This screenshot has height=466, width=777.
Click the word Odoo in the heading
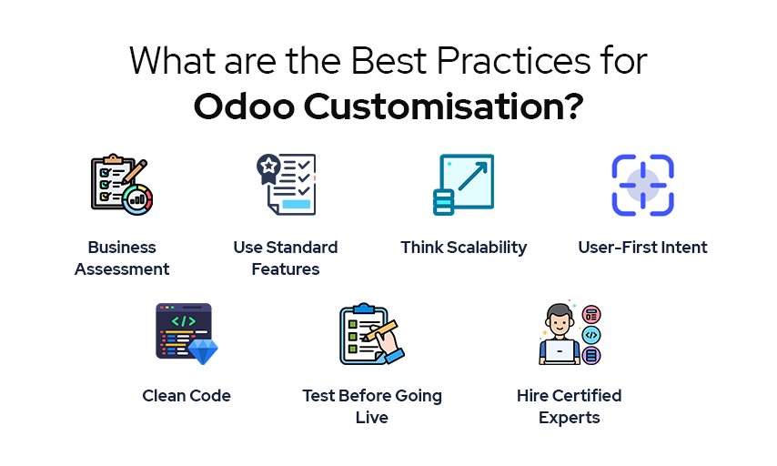[x=244, y=106]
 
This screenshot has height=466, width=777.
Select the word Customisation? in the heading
[x=443, y=106]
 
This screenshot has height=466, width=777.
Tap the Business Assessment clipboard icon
[x=122, y=185]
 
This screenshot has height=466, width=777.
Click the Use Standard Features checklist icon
[x=287, y=185]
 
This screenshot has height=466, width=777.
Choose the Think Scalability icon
[x=463, y=185]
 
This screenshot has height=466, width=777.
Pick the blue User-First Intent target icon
[x=642, y=185]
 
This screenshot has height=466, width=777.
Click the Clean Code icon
[x=187, y=334]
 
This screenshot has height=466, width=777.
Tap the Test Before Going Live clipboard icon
[x=371, y=334]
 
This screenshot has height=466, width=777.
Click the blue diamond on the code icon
[x=203, y=351]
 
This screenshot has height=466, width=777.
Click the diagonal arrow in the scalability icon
[x=473, y=176]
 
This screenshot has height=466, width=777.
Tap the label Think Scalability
[x=464, y=248]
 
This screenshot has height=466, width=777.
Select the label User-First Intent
[x=642, y=247]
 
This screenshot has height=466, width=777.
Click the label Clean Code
[x=187, y=396]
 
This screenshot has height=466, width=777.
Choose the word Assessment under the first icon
[x=122, y=269]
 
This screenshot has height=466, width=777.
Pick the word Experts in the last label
[x=570, y=418]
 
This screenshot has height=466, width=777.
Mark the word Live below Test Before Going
[x=371, y=418]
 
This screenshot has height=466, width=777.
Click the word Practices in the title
[x=513, y=61]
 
